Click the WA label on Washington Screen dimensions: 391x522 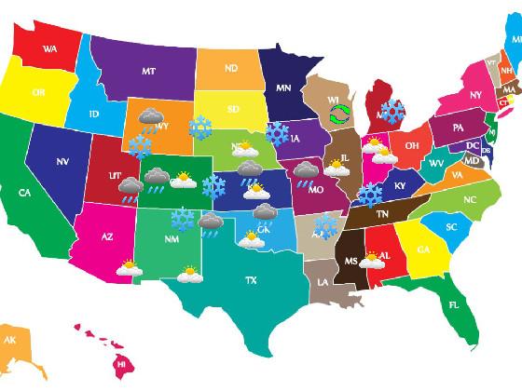click(49, 48)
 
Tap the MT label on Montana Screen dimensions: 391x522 click(148, 70)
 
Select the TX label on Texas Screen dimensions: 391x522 click(250, 279)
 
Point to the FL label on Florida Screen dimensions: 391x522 click(454, 304)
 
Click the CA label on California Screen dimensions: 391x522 click(24, 194)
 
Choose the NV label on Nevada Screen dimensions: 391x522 click(62, 161)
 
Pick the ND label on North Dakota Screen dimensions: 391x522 click(230, 68)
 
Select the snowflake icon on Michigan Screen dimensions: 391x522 click(392, 113)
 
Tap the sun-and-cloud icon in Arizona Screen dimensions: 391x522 click(129, 269)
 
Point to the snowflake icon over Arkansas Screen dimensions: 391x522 click(325, 225)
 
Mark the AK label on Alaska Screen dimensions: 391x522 click(10, 341)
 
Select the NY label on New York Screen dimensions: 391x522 click(475, 95)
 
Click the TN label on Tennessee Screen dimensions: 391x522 click(381, 213)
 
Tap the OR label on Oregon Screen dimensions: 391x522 click(38, 92)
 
